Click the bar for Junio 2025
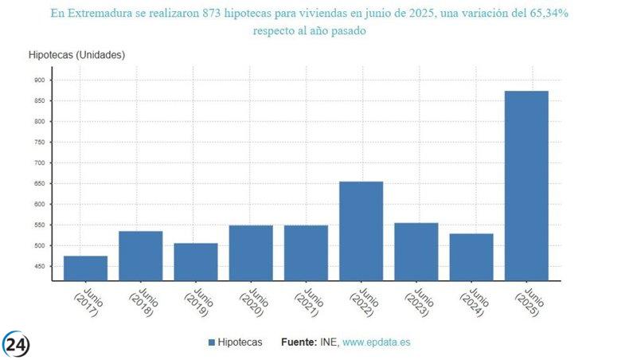(x=526, y=186)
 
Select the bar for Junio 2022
(x=361, y=231)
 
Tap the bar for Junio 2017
(x=85, y=268)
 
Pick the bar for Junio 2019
(x=195, y=262)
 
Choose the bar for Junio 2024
(x=471, y=257)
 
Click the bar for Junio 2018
(x=140, y=256)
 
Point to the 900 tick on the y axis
(x=39, y=80)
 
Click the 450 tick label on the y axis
(x=39, y=266)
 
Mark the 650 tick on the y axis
(x=39, y=183)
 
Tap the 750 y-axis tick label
(x=39, y=142)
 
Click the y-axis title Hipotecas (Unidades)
(x=76, y=54)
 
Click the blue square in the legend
(x=212, y=342)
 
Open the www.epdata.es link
(x=376, y=342)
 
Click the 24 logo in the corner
(x=17, y=343)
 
